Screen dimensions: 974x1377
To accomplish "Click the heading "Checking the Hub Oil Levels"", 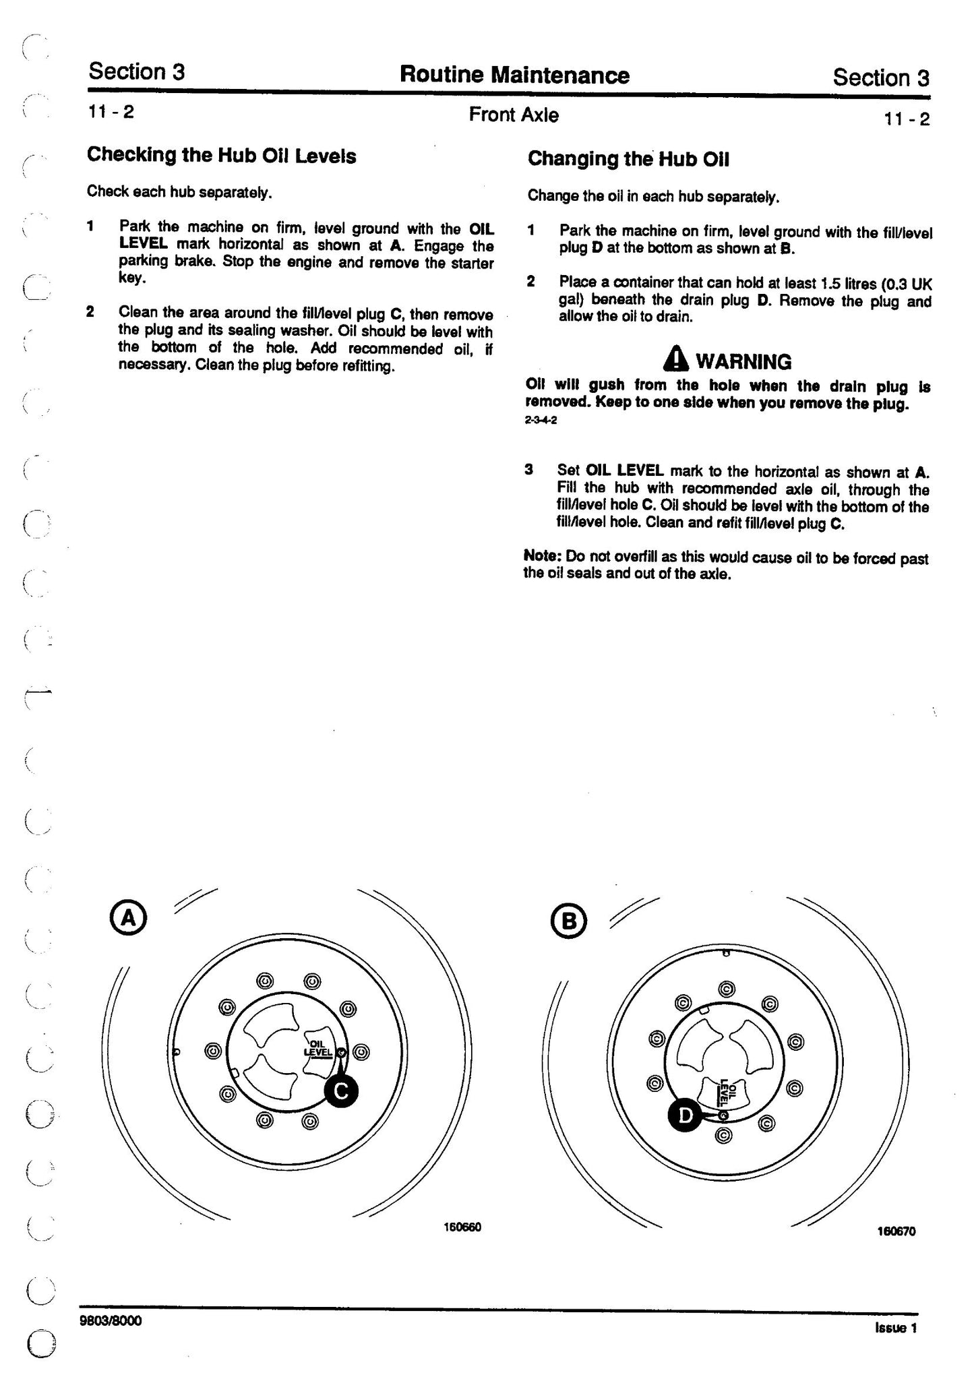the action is coord(221,156).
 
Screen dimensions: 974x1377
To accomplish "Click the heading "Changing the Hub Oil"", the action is coord(628,159).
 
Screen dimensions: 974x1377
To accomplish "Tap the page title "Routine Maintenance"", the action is coord(514,75).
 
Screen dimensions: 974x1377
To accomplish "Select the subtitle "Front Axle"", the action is coord(514,115).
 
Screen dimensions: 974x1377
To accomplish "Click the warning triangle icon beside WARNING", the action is coord(676,360).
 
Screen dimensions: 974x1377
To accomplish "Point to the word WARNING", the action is coord(743,362).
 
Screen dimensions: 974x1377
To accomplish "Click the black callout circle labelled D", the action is coord(685,1116).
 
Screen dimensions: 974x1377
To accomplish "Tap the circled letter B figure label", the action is coord(570,921).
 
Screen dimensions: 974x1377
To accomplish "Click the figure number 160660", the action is coord(462,1227).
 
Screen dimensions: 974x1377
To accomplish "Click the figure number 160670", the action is coord(896,1231).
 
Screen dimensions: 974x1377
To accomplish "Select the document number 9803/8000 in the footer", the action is coord(111,1320).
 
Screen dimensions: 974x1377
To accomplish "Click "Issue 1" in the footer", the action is coord(896,1327).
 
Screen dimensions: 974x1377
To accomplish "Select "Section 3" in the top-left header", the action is coord(136,71).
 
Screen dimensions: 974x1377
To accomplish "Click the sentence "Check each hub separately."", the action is coord(179,192).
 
